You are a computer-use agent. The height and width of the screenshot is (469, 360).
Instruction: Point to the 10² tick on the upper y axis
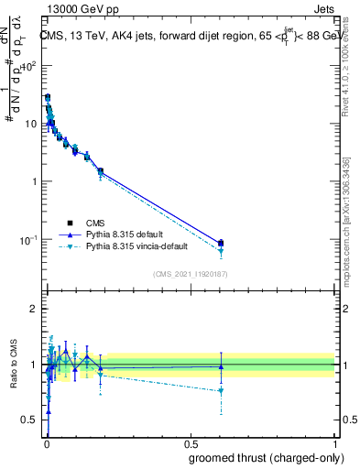tap(29, 65)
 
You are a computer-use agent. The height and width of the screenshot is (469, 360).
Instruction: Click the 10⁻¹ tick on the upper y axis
tap(29, 239)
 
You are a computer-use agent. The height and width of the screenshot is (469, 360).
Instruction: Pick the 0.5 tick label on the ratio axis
tap(31, 420)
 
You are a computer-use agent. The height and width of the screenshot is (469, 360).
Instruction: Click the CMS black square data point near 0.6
tap(221, 243)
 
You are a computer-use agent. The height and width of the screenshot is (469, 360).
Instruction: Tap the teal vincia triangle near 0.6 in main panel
tap(221, 251)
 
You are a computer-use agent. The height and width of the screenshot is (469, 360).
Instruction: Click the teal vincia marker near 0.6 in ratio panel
tap(221, 391)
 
